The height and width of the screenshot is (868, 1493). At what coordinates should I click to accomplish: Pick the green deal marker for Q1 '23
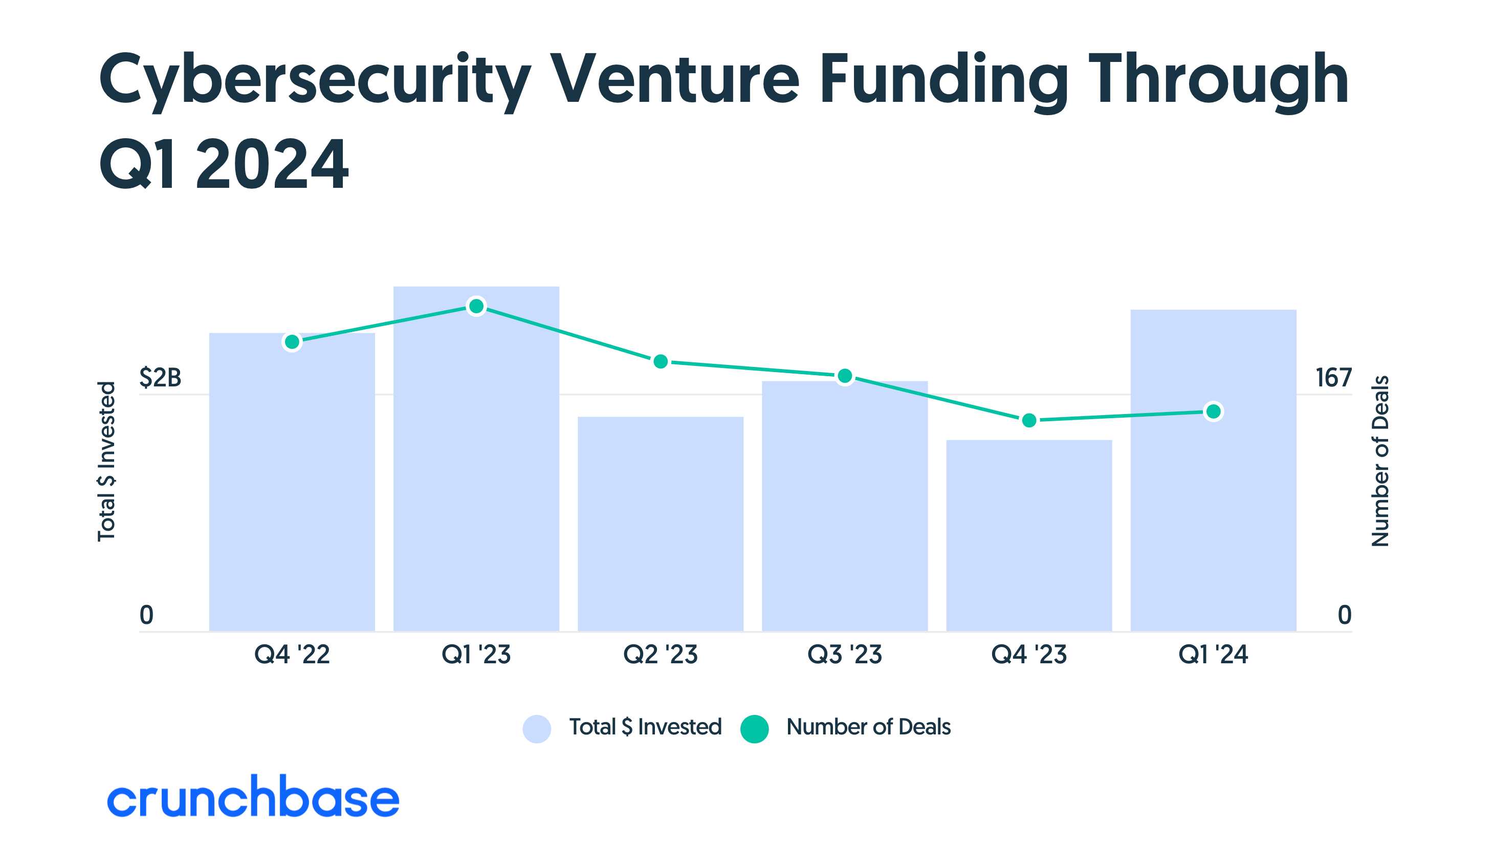click(x=476, y=307)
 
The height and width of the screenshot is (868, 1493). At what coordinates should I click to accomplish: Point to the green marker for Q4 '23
click(x=1028, y=420)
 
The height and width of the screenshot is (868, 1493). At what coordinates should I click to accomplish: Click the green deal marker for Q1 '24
click(x=1213, y=411)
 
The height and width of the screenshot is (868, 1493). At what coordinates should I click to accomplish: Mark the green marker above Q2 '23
click(x=660, y=361)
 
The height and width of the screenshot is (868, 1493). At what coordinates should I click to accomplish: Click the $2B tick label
click(x=160, y=377)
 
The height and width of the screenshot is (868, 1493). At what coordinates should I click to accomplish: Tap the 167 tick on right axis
click(x=1333, y=377)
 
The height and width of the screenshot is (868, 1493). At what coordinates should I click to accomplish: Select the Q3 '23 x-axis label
click(x=844, y=654)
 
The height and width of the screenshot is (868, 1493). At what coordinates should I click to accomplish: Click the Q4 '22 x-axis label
click(x=292, y=654)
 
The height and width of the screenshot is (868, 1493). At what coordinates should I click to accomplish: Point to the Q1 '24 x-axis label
click(x=1213, y=654)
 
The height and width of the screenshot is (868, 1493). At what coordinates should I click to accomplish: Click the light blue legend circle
click(x=537, y=729)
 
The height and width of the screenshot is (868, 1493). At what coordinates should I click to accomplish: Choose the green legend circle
click(x=754, y=729)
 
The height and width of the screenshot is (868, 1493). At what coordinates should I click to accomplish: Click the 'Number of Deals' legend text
click(x=868, y=727)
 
